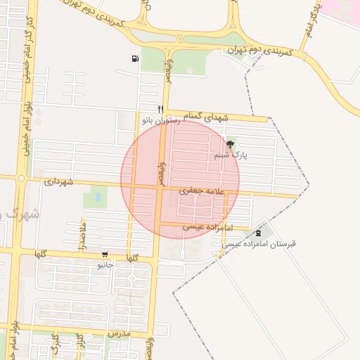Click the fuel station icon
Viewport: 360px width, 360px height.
click(134, 59)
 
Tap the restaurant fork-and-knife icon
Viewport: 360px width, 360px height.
click(161, 109)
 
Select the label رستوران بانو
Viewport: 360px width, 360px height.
click(161, 121)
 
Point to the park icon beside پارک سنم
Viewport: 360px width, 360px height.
click(231, 144)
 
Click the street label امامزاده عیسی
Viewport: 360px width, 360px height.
click(207, 226)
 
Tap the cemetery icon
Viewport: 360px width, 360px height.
click(259, 233)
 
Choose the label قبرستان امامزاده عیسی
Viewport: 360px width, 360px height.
click(259, 244)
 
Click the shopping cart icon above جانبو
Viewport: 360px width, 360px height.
click(105, 255)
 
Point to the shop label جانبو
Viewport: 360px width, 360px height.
click(105, 266)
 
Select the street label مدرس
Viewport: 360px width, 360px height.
click(120, 331)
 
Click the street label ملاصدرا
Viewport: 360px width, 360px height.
click(83, 235)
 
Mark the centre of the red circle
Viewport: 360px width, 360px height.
click(180, 179)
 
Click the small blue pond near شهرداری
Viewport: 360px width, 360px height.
click(98, 197)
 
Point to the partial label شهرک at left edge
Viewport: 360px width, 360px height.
click(11, 211)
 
